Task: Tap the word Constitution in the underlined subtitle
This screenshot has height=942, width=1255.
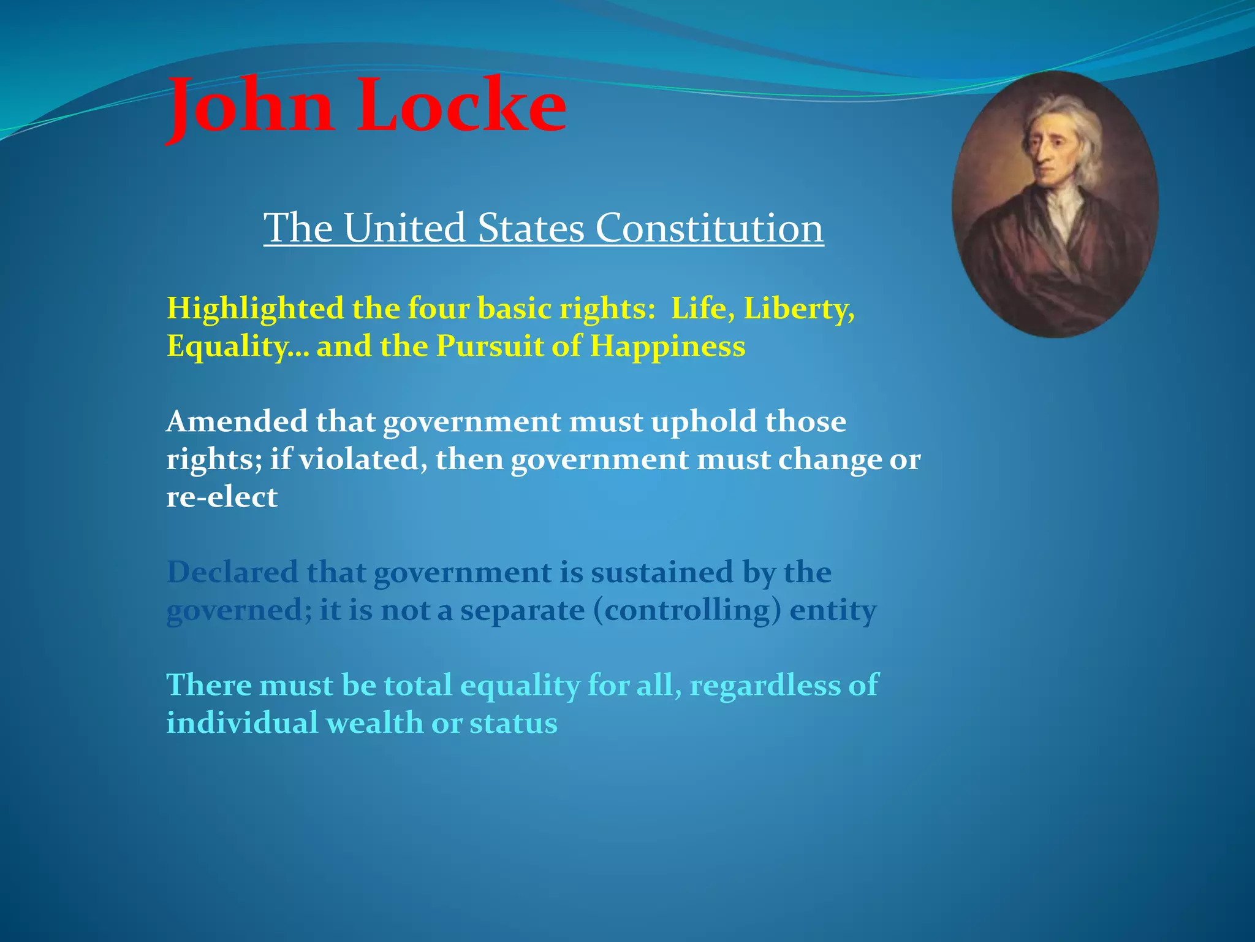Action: click(709, 228)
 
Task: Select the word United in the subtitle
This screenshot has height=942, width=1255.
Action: click(404, 228)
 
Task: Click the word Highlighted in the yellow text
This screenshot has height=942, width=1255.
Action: click(255, 308)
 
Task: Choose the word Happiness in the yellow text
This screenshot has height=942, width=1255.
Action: click(667, 347)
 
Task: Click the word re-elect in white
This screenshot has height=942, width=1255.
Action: click(222, 497)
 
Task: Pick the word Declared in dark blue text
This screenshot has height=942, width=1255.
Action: click(232, 572)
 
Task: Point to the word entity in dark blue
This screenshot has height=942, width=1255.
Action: click(833, 611)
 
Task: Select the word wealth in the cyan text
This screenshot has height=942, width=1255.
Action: click(374, 723)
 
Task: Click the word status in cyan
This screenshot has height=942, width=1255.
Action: click(514, 723)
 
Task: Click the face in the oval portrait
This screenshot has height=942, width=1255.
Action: click(1049, 147)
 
